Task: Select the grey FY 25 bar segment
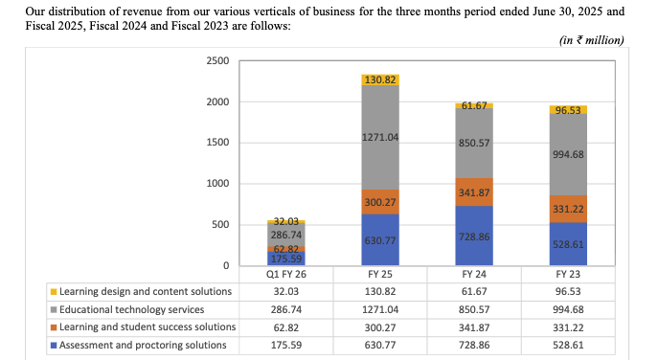coord(380,138)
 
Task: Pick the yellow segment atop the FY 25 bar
coord(380,79)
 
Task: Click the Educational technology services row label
coord(132,309)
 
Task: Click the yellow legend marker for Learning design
coord(53,291)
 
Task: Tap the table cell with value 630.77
coord(380,344)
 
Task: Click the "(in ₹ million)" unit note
coord(590,40)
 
